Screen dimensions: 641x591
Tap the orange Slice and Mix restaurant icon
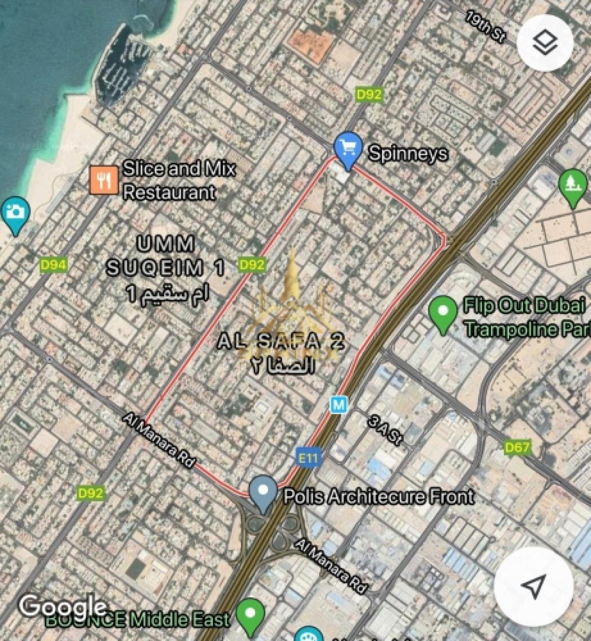103,179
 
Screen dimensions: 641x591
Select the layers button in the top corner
545,43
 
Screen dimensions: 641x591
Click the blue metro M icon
339,405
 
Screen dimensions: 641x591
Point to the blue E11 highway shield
308,458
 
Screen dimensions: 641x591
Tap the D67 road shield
517,447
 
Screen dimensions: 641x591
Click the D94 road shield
53,266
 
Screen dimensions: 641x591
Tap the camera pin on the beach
15,214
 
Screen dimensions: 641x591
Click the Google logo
63,606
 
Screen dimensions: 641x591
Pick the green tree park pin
573,186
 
